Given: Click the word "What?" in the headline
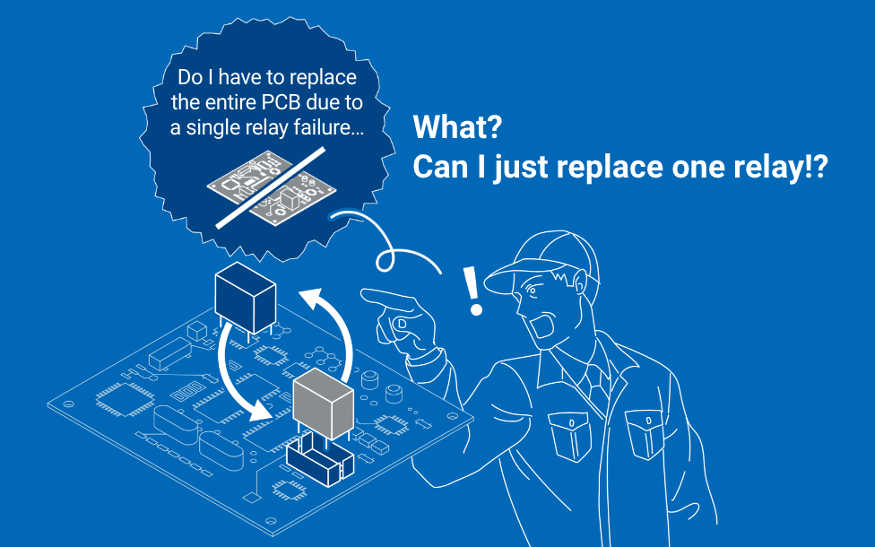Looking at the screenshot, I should click(456, 127).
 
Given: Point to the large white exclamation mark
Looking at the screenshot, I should click(472, 291).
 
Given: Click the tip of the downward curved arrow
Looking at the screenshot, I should click(264, 414).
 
